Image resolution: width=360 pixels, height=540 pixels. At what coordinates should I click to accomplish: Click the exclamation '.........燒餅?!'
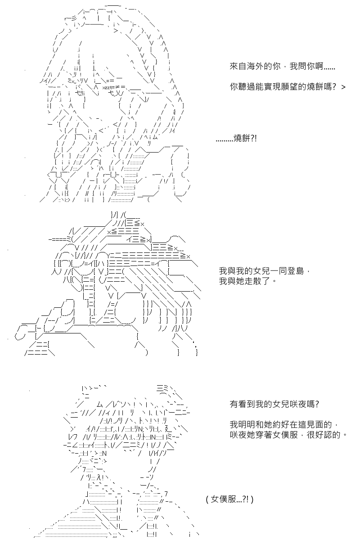pyautogui.click(x=236, y=140)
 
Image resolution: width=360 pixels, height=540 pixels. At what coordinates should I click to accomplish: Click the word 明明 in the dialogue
pyautogui.click(x=245, y=425)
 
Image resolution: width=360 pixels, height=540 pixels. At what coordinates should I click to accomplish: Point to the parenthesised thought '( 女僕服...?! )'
pyautogui.click(x=229, y=499)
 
